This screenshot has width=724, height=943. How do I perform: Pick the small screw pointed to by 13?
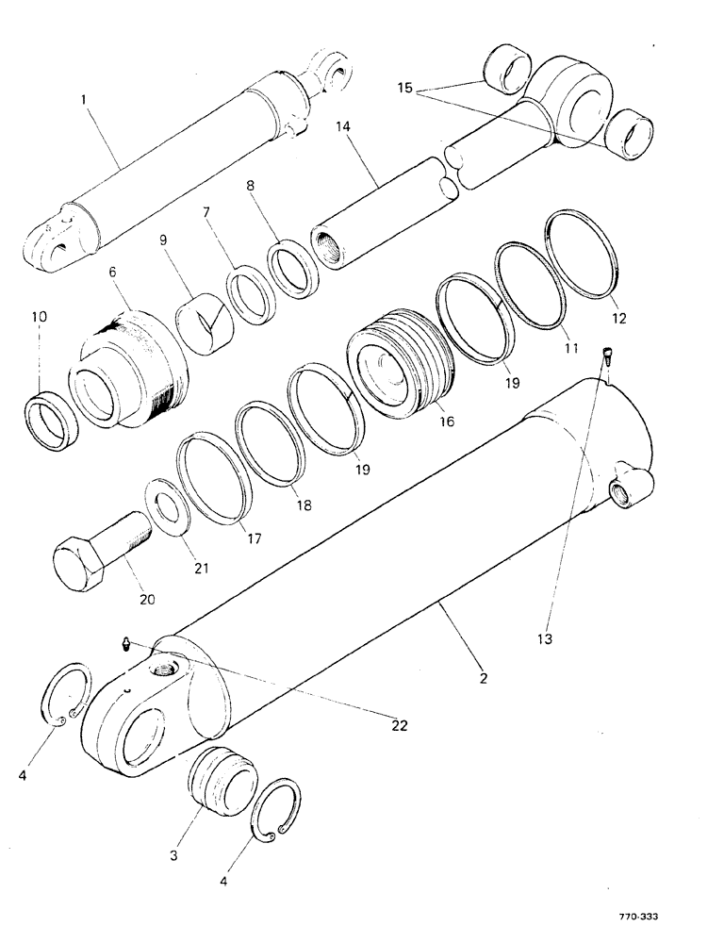[608, 357]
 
